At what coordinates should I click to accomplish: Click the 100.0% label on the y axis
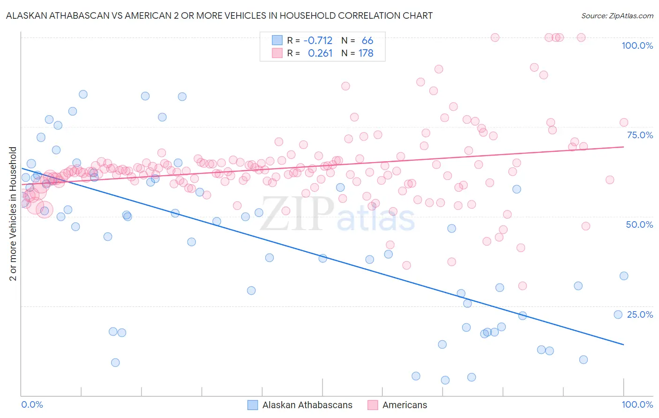coord(637,45)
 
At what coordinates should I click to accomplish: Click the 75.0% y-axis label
coord(640,135)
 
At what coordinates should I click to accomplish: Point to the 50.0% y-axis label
coord(639,224)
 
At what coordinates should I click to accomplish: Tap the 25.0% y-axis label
coord(640,314)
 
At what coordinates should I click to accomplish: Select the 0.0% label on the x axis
coord(32,404)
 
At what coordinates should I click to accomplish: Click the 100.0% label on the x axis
coord(637,404)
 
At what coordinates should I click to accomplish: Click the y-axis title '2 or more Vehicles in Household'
coord(13,214)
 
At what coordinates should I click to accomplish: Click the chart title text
coord(219,15)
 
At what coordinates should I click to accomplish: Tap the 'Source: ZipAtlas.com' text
coord(617,15)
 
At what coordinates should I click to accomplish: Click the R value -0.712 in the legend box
coord(318,41)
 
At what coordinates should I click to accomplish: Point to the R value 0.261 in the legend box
coord(320,53)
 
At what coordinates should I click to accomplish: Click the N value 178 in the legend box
coord(366,53)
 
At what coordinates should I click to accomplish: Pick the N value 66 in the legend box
coord(367,41)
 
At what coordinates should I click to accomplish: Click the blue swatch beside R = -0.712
coord(277,41)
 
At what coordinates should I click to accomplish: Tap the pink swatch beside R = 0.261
coord(277,53)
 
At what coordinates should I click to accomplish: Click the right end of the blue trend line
coord(623,344)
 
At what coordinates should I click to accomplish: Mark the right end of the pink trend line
coord(623,147)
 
